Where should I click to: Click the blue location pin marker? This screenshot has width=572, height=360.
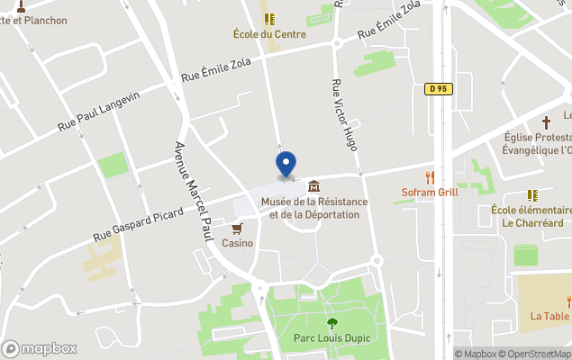click(x=286, y=166)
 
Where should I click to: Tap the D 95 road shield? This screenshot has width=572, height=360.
click(x=438, y=88)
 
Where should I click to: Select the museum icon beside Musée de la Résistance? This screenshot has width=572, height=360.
click(x=313, y=186)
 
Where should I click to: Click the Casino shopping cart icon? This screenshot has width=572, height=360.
click(x=238, y=229)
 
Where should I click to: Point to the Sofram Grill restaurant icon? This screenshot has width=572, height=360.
click(x=431, y=177)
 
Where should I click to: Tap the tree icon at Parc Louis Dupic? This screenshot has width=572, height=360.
click(x=332, y=323)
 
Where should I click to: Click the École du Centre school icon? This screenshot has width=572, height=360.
click(x=268, y=19)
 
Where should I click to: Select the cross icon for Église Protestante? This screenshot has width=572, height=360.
click(x=545, y=121)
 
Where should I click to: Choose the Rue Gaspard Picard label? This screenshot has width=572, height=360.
click(x=138, y=222)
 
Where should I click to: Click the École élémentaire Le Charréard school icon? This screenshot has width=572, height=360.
click(x=532, y=194)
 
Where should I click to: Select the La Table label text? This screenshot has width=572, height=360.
click(x=549, y=316)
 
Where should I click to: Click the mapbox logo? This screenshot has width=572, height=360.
click(x=39, y=348)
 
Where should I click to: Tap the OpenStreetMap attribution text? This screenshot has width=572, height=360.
click(x=534, y=354)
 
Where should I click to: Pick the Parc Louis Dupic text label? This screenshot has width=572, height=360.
click(x=332, y=338)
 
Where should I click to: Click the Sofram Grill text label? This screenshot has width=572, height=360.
click(x=431, y=193)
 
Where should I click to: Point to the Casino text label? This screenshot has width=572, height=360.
click(x=238, y=243)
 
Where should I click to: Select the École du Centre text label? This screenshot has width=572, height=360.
click(x=269, y=34)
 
